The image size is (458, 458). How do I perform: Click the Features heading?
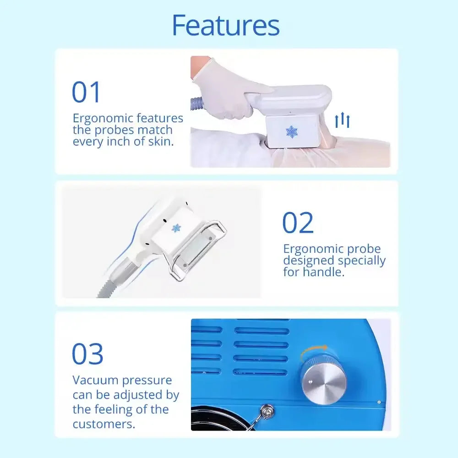(x=226, y=25)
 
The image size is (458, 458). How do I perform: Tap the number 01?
(x=86, y=92)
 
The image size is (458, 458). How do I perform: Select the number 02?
(x=298, y=223)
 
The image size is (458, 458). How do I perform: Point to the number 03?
(x=87, y=354)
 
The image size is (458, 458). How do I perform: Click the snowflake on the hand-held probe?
(x=291, y=132)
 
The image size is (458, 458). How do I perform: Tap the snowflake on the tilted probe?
(x=176, y=228)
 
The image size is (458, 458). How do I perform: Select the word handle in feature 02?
(x=324, y=272)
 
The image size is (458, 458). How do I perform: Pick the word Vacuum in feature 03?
(x=95, y=380)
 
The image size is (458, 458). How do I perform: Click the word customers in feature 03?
(x=104, y=424)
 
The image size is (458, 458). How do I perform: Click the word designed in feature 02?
(x=308, y=261)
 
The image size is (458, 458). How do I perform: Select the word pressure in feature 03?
(x=147, y=381)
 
